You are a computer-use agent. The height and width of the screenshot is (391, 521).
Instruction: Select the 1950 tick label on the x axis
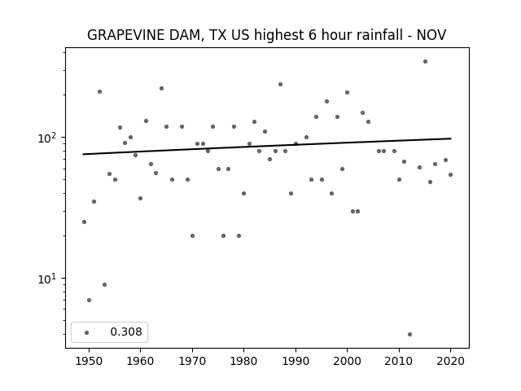pyautogui.click(x=89, y=361)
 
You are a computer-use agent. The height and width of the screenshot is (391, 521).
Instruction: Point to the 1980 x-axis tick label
pyautogui.click(x=243, y=361)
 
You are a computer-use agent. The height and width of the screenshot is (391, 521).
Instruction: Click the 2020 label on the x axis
pyautogui.click(x=450, y=361)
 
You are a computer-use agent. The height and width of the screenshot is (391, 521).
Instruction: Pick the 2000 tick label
pyautogui.click(x=347, y=361)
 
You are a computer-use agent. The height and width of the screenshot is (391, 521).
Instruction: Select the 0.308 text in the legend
pyautogui.click(x=126, y=332)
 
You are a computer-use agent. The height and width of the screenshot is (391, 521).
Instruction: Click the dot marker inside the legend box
pyautogui.click(x=86, y=332)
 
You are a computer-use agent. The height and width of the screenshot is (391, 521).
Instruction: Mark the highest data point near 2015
pyautogui.click(x=425, y=62)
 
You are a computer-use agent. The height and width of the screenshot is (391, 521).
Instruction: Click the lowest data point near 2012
pyautogui.click(x=409, y=334)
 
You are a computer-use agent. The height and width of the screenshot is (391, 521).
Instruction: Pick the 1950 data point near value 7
pyautogui.click(x=89, y=300)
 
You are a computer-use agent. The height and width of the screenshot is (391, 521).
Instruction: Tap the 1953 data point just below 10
pyautogui.click(x=104, y=284)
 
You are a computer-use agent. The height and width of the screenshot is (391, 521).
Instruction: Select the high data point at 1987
pyautogui.click(x=280, y=85)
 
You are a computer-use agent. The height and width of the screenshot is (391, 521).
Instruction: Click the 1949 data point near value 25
pyautogui.click(x=84, y=222)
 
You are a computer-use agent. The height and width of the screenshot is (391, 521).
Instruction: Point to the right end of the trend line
pyautogui.click(x=451, y=138)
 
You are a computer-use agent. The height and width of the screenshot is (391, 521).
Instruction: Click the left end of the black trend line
pyautogui.click(x=83, y=154)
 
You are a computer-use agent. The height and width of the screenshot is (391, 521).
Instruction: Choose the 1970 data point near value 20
pyautogui.click(x=192, y=235)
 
